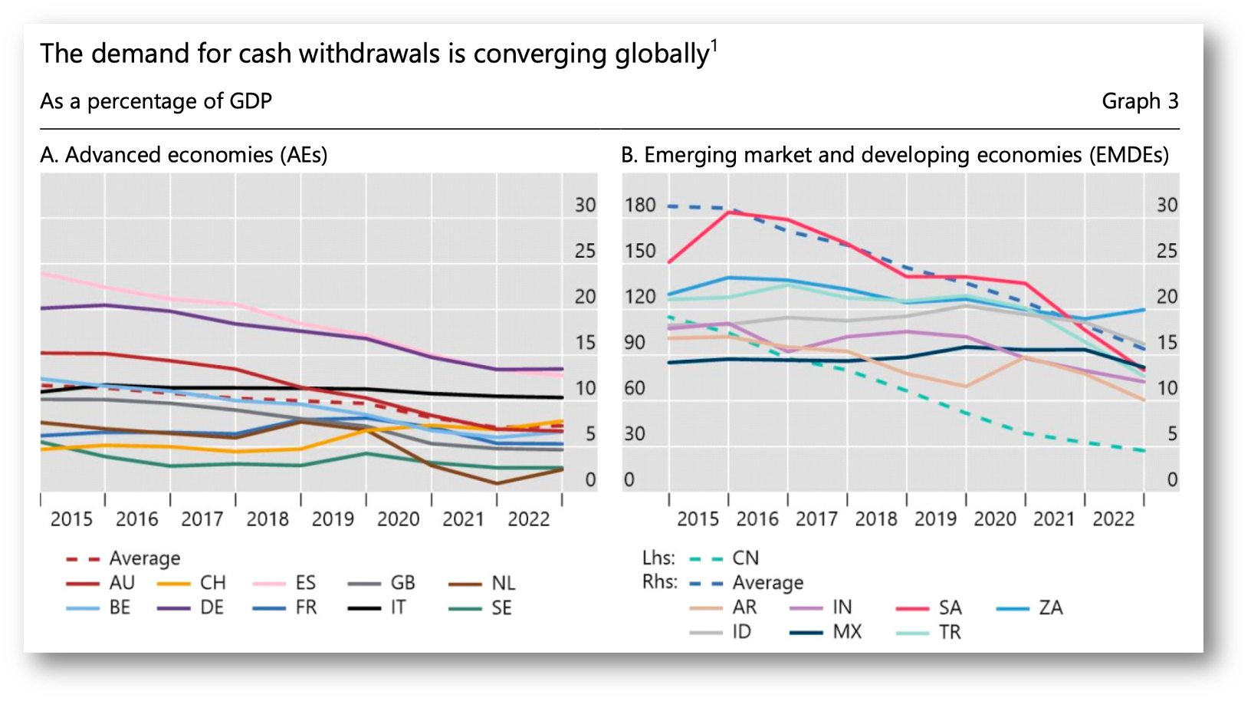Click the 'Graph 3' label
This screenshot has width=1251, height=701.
pos(1139,101)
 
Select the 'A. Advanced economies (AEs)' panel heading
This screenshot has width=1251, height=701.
pos(184,155)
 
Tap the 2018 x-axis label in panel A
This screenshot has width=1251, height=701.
pos(268,519)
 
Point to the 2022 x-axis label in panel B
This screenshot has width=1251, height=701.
pos(1113,519)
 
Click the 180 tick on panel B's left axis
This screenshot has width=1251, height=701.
pos(639,206)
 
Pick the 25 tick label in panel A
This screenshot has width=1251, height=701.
pos(585,251)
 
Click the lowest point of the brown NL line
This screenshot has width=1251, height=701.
pos(497,484)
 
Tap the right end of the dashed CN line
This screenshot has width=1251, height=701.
pos(1144,451)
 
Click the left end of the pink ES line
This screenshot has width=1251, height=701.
pos(41,273)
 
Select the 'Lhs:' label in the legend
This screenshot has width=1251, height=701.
pos(658,558)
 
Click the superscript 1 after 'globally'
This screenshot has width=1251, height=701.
pos(714,44)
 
